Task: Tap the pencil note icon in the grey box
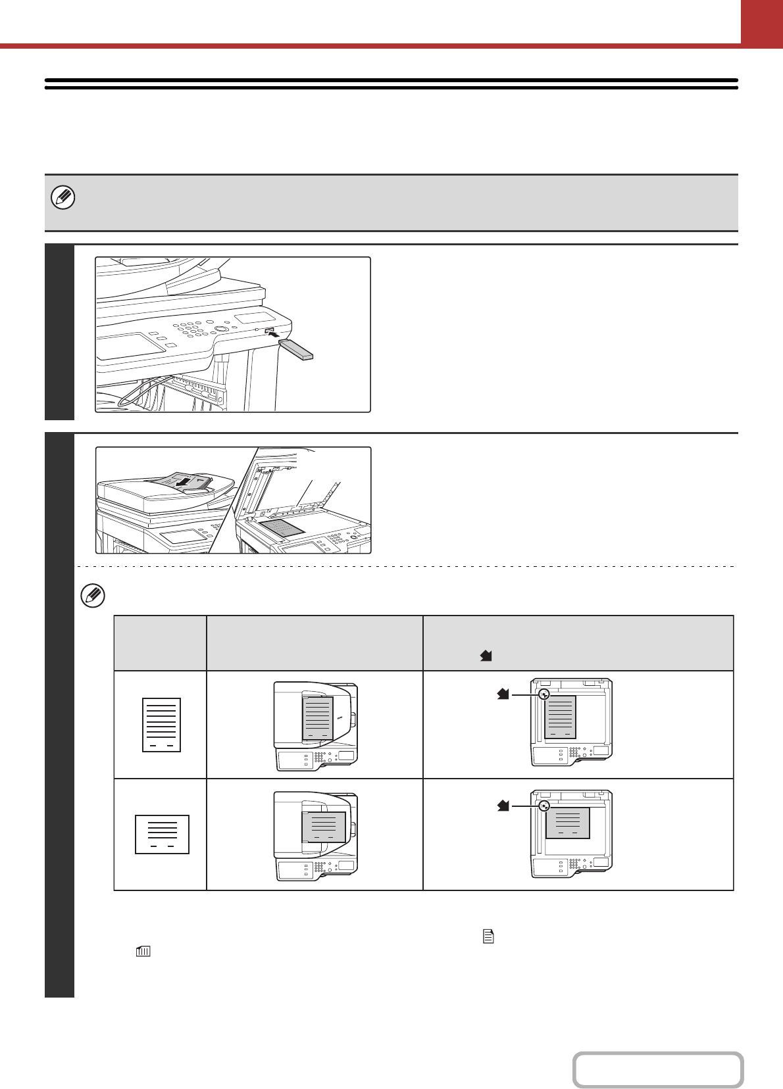point(64,197)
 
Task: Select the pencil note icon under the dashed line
point(93,596)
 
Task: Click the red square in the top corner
point(761,22)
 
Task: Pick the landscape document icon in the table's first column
point(162,835)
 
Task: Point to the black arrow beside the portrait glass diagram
point(503,694)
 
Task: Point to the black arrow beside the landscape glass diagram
point(503,804)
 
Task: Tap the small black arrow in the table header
point(487,656)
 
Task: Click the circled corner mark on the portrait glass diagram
point(543,694)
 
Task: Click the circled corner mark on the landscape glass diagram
point(543,805)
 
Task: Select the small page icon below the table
point(488,937)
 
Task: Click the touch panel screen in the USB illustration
point(131,346)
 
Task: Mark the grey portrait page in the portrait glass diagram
point(561,717)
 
